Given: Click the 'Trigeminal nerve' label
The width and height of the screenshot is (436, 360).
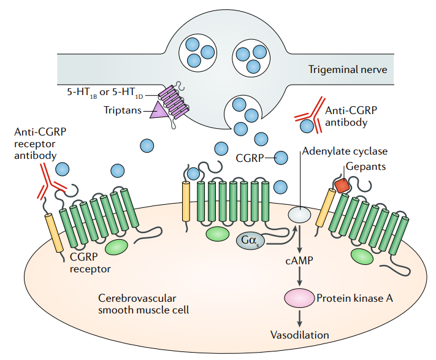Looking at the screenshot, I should (348, 69).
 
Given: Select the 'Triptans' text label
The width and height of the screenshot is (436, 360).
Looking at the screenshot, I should (123, 111).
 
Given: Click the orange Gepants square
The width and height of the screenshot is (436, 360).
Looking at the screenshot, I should (342, 185).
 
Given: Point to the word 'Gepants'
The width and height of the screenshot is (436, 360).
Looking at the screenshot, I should (364, 166).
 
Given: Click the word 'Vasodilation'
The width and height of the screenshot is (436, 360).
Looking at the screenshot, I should (300, 335).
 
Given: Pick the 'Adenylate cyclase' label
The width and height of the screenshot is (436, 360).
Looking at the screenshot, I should (345, 151).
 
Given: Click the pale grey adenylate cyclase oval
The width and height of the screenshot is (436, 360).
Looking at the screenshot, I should (299, 214).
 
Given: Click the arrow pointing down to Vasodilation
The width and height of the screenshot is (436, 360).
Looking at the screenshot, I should (300, 318).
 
